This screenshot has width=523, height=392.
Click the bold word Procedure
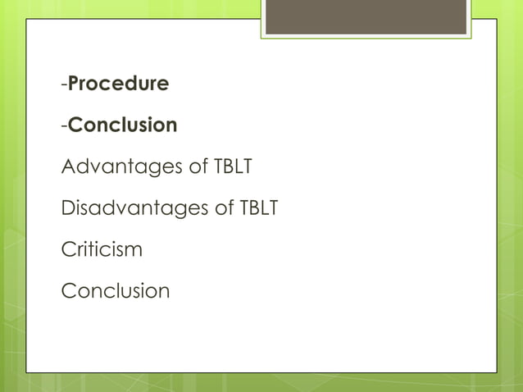tap(119, 84)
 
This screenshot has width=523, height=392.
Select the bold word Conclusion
tap(123, 125)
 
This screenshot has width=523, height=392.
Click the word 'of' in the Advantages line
tap(198, 167)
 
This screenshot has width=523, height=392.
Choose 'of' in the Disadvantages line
tap(225, 208)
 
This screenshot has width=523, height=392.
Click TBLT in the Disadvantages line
tap(258, 208)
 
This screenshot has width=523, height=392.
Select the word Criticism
tap(102, 249)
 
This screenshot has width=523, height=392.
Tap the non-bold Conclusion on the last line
tap(116, 290)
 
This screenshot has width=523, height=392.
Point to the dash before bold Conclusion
tap(64, 126)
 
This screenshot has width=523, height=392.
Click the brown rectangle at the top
tap(366, 17)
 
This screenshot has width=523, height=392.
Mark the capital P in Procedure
tap(75, 84)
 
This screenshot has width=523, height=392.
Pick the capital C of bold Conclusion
tap(75, 125)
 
